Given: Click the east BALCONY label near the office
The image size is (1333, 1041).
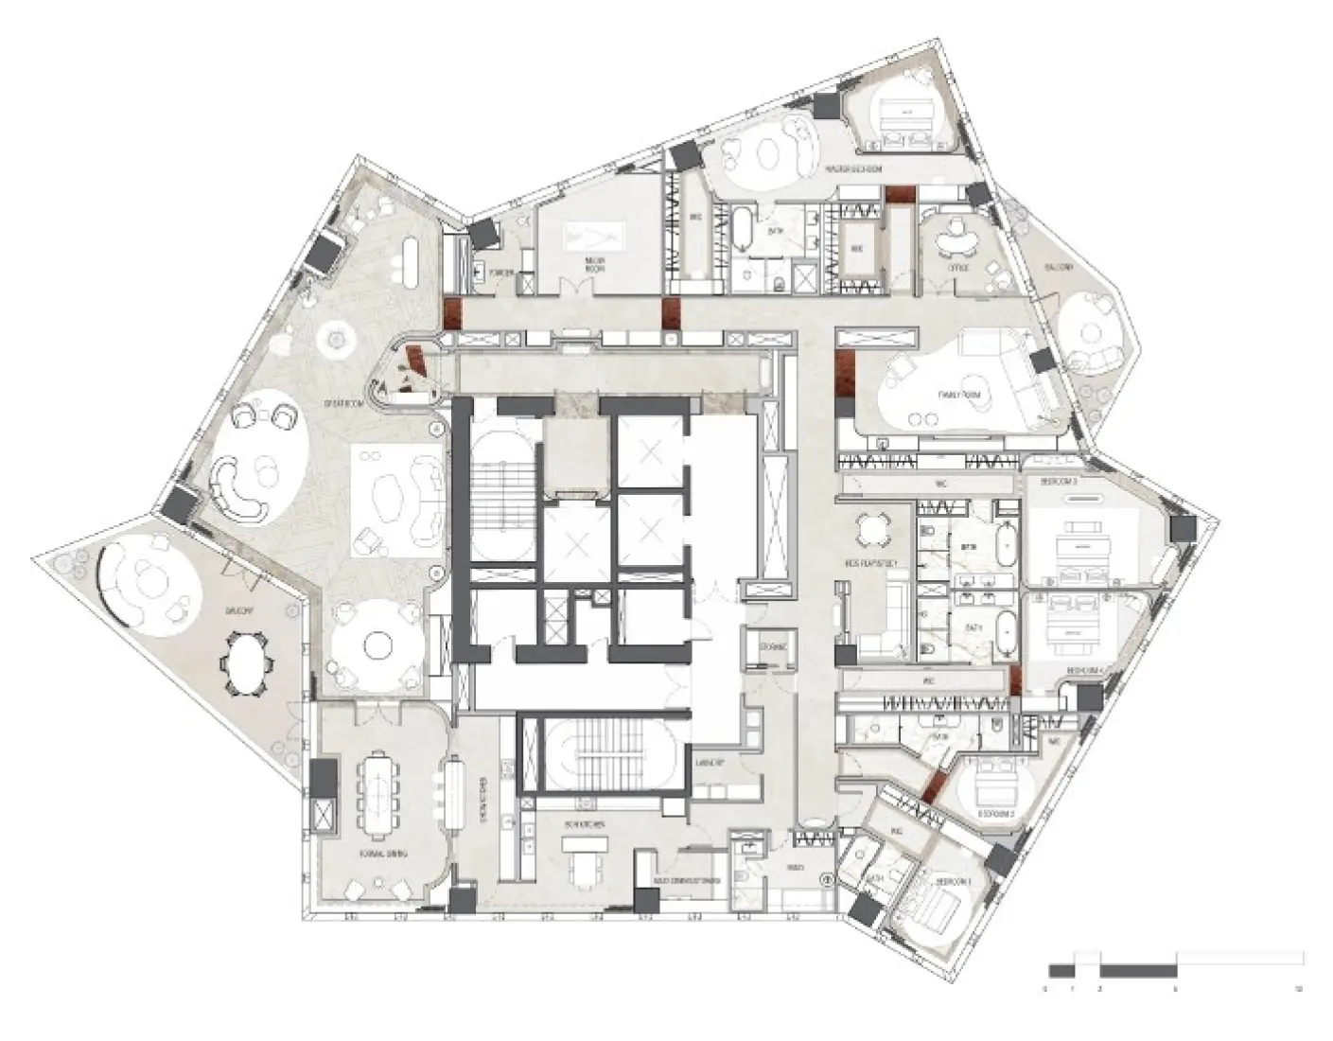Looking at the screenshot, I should click(x=1060, y=269).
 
